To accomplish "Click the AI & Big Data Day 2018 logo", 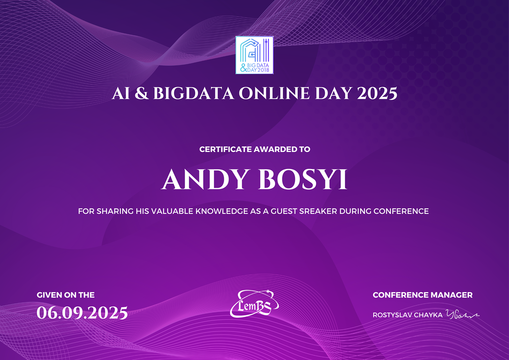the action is pyautogui.click(x=255, y=55).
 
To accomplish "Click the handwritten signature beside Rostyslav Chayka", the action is pyautogui.click(x=462, y=314).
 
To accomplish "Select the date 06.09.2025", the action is pyautogui.click(x=82, y=313).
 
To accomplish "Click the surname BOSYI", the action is pyautogui.click(x=303, y=180).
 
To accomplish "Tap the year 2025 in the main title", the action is pyautogui.click(x=377, y=93).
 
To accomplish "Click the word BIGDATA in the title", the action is pyautogui.click(x=194, y=93).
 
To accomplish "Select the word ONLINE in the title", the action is pyautogui.click(x=274, y=93).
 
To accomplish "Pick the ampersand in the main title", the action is pyautogui.click(x=142, y=93).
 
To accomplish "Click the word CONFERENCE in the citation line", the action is pyautogui.click(x=401, y=211).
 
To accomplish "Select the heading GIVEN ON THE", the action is pyautogui.click(x=65, y=295).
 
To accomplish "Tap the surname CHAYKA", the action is pyautogui.click(x=431, y=315).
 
